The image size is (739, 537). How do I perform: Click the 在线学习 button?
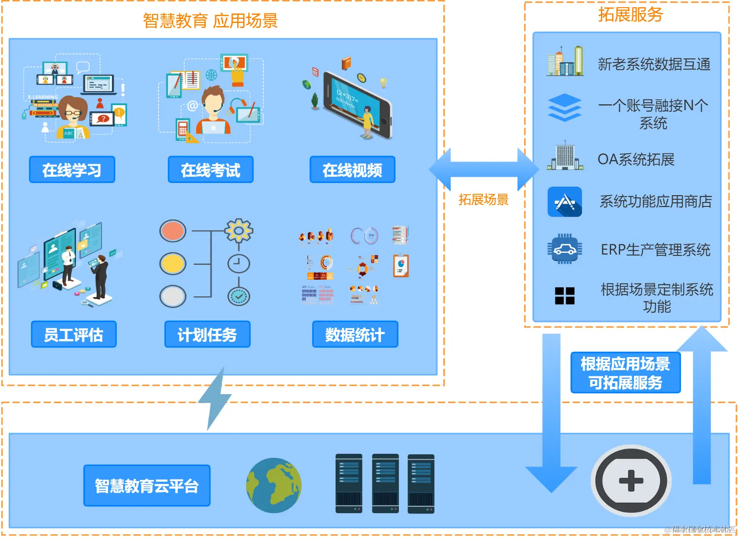pyautogui.click(x=72, y=170)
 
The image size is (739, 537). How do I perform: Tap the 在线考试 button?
pyautogui.click(x=210, y=170)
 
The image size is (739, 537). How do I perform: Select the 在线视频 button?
pyautogui.click(x=352, y=170)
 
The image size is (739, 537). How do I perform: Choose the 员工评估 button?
pyautogui.click(x=74, y=334)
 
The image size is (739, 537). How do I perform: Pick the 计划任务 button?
pyautogui.click(x=207, y=334)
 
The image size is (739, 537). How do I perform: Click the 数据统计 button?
pyautogui.click(x=355, y=334)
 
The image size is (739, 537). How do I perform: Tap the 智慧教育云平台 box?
pyautogui.click(x=146, y=485)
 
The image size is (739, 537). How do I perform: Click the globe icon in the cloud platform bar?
pyautogui.click(x=274, y=485)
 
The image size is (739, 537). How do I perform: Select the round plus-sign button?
pyautogui.click(x=631, y=480)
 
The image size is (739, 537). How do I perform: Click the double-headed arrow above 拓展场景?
pyautogui.click(x=484, y=170)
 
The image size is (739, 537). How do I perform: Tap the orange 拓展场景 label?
pyautogui.click(x=483, y=199)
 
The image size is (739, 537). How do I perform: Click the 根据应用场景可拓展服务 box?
pyautogui.click(x=625, y=373)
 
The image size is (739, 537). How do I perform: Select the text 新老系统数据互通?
pyautogui.click(x=654, y=64)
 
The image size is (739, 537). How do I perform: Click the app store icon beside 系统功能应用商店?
pyautogui.click(x=565, y=202)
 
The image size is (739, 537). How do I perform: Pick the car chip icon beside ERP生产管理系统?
pyautogui.click(x=565, y=249)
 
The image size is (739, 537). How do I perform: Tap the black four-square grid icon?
pyautogui.click(x=565, y=295)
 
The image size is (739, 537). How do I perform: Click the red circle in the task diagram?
pyautogui.click(x=173, y=231)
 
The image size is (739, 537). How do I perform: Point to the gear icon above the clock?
pyautogui.click(x=239, y=231)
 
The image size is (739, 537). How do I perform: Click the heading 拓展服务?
pyautogui.click(x=630, y=14)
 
